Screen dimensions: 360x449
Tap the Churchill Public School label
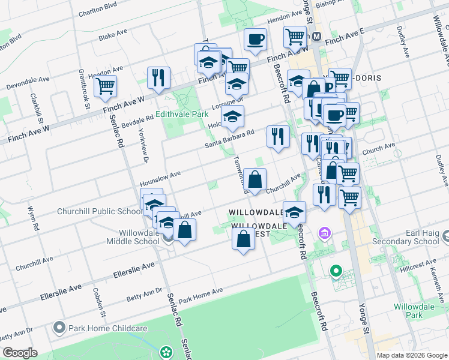100,211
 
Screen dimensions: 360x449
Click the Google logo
20,353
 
